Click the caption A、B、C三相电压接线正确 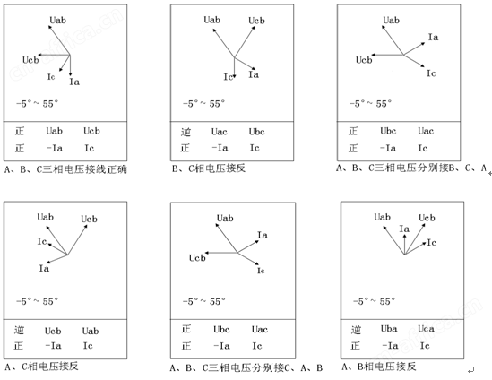click(x=65, y=169)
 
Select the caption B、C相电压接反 click(x=209, y=168)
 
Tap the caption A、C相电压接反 click(x=41, y=367)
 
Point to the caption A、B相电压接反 click(x=379, y=367)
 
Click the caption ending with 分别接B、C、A click(x=411, y=168)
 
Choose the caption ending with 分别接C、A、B click(x=246, y=367)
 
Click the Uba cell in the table click(x=389, y=329)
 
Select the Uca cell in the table click(x=426, y=329)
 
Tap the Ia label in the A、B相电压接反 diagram click(x=404, y=229)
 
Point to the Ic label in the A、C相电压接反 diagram click(x=42, y=241)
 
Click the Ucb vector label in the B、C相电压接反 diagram click(x=256, y=21)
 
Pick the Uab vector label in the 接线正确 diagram click(x=58, y=20)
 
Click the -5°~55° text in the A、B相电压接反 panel click(x=374, y=301)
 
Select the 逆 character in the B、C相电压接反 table click(x=186, y=132)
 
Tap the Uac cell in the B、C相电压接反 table click(x=220, y=132)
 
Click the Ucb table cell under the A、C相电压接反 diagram click(x=53, y=331)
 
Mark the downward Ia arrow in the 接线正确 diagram click(x=70, y=65)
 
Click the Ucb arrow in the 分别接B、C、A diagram click(x=387, y=55)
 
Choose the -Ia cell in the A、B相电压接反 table click(x=390, y=346)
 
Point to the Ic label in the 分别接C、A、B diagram click(x=261, y=271)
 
